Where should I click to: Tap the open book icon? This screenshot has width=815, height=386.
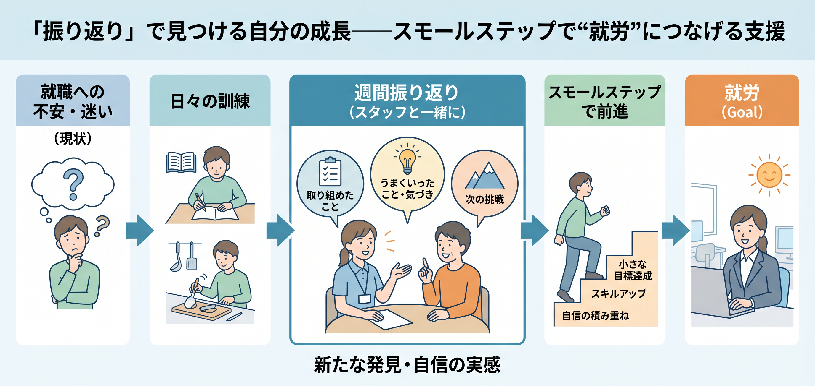(x=181, y=162)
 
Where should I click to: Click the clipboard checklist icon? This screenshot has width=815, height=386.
(x=330, y=172)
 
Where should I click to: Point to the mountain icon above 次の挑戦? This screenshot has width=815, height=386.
(x=485, y=176)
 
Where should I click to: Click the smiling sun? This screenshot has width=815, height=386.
(x=769, y=175)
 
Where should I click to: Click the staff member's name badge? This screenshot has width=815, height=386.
(x=365, y=299)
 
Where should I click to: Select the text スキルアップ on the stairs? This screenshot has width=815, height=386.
(x=619, y=293)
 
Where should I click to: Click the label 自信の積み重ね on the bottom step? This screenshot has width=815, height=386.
(x=596, y=316)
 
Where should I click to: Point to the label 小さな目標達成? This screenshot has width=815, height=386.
(x=633, y=270)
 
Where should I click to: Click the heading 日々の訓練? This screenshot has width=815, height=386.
(x=210, y=101)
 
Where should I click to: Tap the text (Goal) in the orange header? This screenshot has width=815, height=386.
(x=742, y=112)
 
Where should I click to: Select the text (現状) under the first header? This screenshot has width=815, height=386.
(x=73, y=138)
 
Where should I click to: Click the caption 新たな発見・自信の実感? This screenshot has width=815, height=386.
(x=407, y=365)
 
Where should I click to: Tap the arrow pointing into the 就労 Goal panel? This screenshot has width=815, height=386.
(x=675, y=230)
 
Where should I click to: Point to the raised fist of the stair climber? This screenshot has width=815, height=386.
(x=605, y=210)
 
